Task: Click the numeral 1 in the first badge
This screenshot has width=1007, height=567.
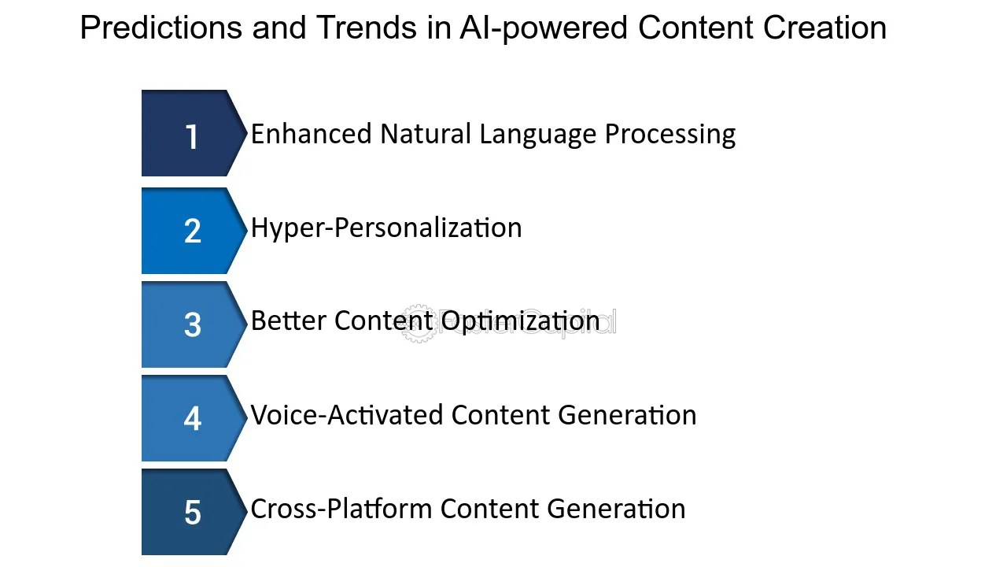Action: click(192, 137)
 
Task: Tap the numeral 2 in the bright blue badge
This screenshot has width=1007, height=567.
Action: click(193, 231)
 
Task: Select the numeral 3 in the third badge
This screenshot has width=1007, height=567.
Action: click(193, 324)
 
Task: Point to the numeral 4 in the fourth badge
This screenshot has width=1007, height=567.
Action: click(193, 418)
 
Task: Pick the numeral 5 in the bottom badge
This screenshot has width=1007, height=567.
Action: click(193, 512)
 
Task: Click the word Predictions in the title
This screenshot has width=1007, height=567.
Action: click(161, 28)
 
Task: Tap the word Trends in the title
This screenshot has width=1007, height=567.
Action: click(367, 28)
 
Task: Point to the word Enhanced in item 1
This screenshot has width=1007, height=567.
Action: click(311, 134)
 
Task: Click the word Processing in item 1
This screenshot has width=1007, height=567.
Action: click(670, 135)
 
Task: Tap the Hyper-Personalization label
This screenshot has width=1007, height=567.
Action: click(386, 228)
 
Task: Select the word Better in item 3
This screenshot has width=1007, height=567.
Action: click(289, 321)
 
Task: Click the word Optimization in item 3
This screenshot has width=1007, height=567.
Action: click(520, 322)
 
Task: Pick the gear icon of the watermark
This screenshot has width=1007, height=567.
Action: click(418, 323)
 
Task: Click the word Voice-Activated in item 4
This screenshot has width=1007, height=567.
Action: click(347, 414)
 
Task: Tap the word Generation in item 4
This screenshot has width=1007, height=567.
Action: click(627, 414)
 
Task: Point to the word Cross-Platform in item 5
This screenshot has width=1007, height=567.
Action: click(341, 509)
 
